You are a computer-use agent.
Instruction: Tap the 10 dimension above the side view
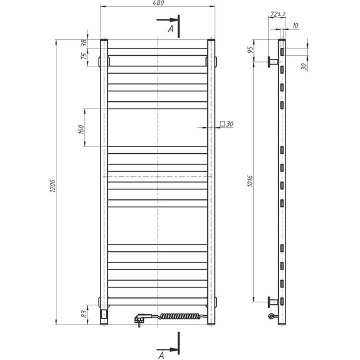294,26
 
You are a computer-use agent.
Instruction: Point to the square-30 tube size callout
226,124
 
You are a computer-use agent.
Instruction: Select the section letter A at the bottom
161,355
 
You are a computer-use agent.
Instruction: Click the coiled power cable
180,317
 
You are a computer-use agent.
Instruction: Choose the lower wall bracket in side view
272,302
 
